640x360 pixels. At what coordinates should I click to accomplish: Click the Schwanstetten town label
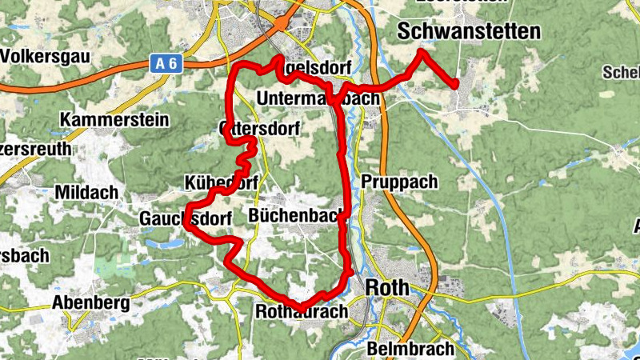click(x=469, y=31)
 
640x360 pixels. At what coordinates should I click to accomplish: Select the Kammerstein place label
click(x=114, y=120)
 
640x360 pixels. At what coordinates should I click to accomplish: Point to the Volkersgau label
click(x=45, y=56)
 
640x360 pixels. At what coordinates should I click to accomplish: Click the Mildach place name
click(x=86, y=192)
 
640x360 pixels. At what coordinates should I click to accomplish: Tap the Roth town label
click(x=387, y=287)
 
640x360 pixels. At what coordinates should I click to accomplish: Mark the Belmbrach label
click(x=410, y=349)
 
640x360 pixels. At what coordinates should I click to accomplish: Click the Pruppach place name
click(x=399, y=182)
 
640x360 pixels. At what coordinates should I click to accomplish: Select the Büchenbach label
click(x=296, y=215)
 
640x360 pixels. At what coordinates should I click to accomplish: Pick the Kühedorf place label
click(x=220, y=182)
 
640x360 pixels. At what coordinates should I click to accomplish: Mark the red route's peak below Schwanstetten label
click(x=422, y=53)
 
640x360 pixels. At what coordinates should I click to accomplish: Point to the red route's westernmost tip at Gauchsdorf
click(x=186, y=225)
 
